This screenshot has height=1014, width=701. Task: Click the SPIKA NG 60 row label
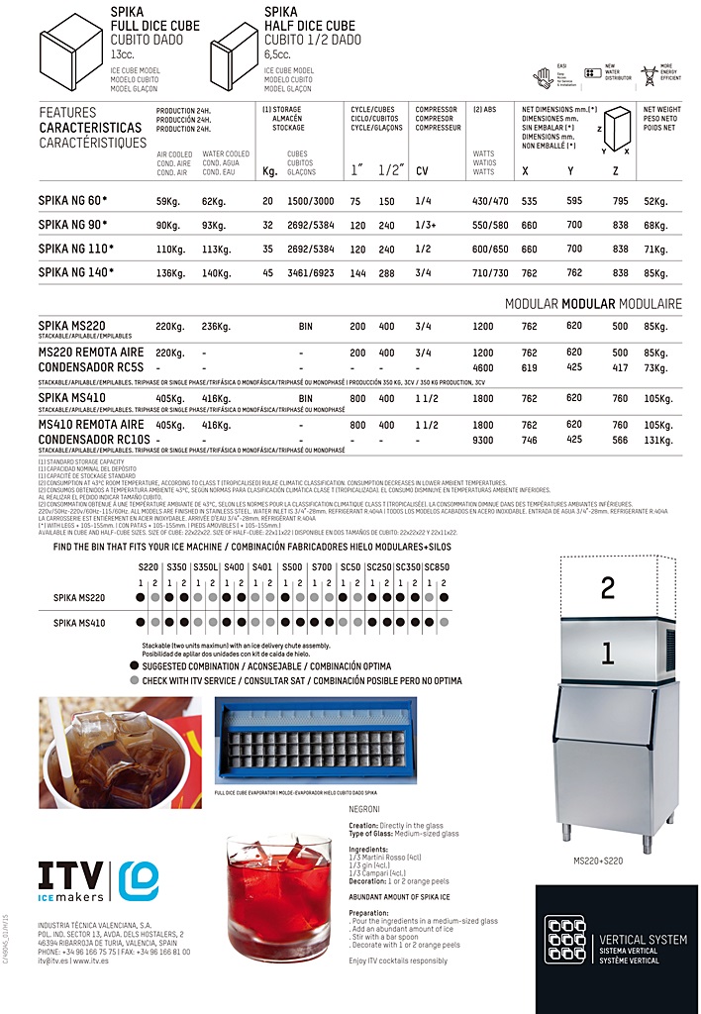[72, 201]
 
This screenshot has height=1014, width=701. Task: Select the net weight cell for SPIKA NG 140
[655, 272]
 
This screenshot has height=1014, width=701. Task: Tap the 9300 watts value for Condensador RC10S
[483, 440]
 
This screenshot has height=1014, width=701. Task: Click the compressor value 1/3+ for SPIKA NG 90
[427, 225]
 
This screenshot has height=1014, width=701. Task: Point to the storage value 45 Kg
[267, 272]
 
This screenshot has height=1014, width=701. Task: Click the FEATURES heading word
[67, 113]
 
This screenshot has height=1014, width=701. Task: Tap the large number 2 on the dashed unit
[608, 588]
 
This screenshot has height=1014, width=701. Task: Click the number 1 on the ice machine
[608, 653]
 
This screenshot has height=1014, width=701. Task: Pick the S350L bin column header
[205, 567]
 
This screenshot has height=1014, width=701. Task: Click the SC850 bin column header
[437, 567]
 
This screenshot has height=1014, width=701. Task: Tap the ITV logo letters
[70, 876]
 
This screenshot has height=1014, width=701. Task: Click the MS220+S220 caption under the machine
[598, 862]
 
